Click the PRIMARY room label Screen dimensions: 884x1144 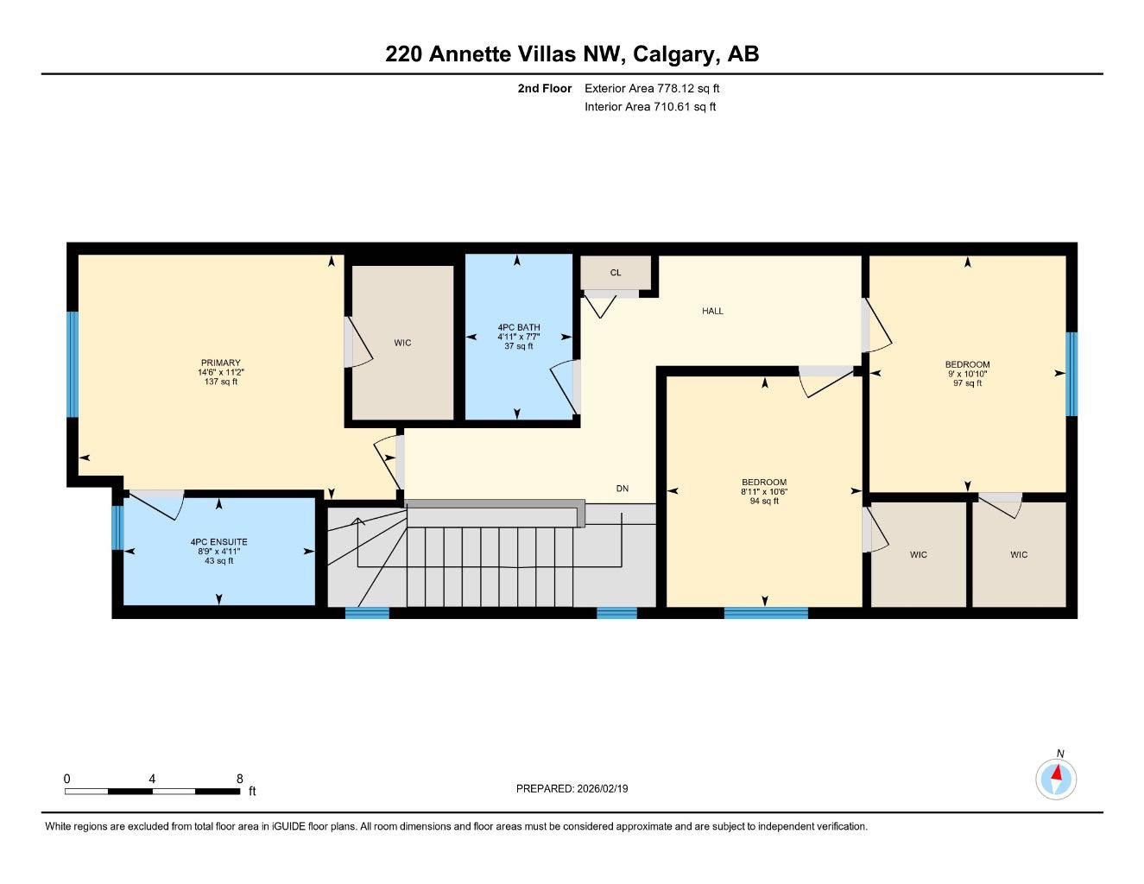click(x=220, y=363)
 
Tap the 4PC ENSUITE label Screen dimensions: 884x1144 click(x=218, y=542)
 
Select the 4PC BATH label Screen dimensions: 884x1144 click(x=518, y=327)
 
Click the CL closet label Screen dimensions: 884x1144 click(x=616, y=273)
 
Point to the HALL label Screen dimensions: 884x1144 click(x=712, y=311)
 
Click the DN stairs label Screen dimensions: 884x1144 click(x=623, y=489)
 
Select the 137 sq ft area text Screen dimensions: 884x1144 click(x=220, y=382)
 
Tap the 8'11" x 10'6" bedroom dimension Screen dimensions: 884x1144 click(x=764, y=491)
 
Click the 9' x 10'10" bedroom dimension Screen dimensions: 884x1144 click(x=967, y=374)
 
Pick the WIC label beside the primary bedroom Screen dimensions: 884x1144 click(x=402, y=343)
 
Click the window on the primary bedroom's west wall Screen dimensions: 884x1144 click(x=73, y=364)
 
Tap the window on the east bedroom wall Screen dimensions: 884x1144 click(x=1071, y=373)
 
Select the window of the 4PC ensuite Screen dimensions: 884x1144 click(x=117, y=527)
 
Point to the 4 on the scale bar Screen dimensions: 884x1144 click(x=152, y=779)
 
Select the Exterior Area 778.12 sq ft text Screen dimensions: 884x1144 click(x=652, y=88)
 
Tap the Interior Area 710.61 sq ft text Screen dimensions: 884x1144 click(x=650, y=107)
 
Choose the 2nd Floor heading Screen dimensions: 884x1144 click(x=544, y=88)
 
